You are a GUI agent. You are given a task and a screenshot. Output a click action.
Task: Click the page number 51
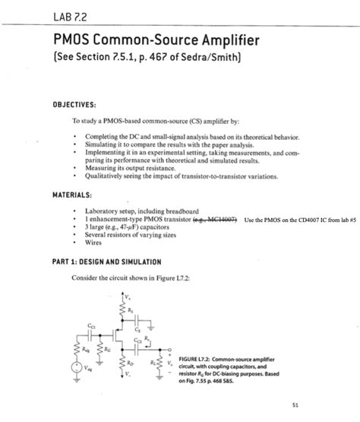327,403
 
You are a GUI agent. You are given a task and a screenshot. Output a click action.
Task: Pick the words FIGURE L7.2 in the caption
191,355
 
